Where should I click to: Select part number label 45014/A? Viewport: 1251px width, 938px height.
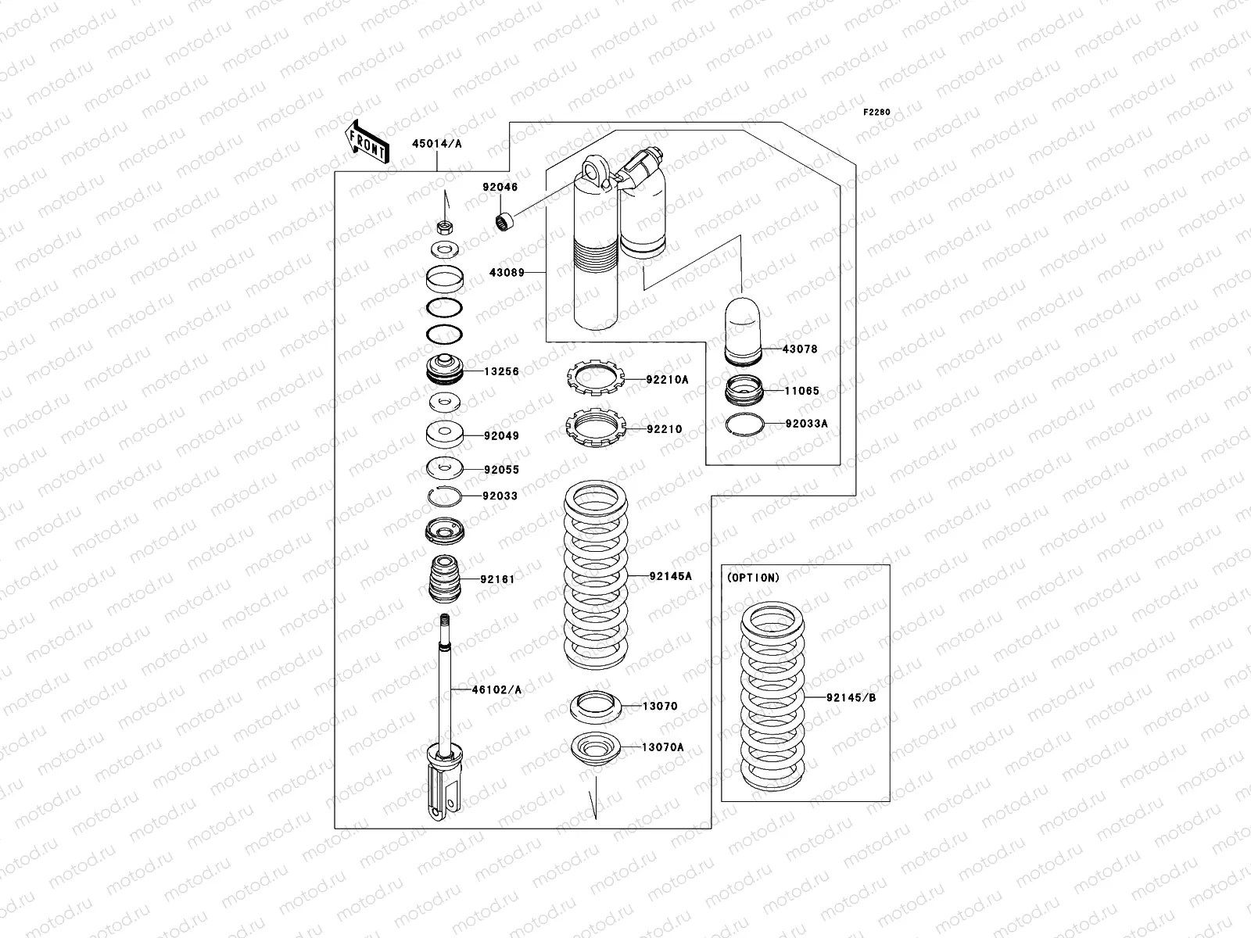[x=437, y=143]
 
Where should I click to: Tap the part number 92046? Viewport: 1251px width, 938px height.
[x=500, y=188]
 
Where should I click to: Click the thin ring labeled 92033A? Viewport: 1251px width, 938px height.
[x=744, y=424]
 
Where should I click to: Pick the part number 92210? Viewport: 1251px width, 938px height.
[x=664, y=429]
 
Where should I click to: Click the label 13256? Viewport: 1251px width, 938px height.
[x=501, y=371]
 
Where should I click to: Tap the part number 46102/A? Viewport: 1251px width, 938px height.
[x=496, y=689]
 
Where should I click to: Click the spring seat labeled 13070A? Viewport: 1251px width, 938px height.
[x=596, y=748]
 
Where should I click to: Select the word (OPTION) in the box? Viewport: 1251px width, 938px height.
[x=753, y=578]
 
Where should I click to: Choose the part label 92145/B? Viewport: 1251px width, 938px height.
[x=851, y=697]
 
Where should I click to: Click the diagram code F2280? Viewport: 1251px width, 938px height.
[x=876, y=112]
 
